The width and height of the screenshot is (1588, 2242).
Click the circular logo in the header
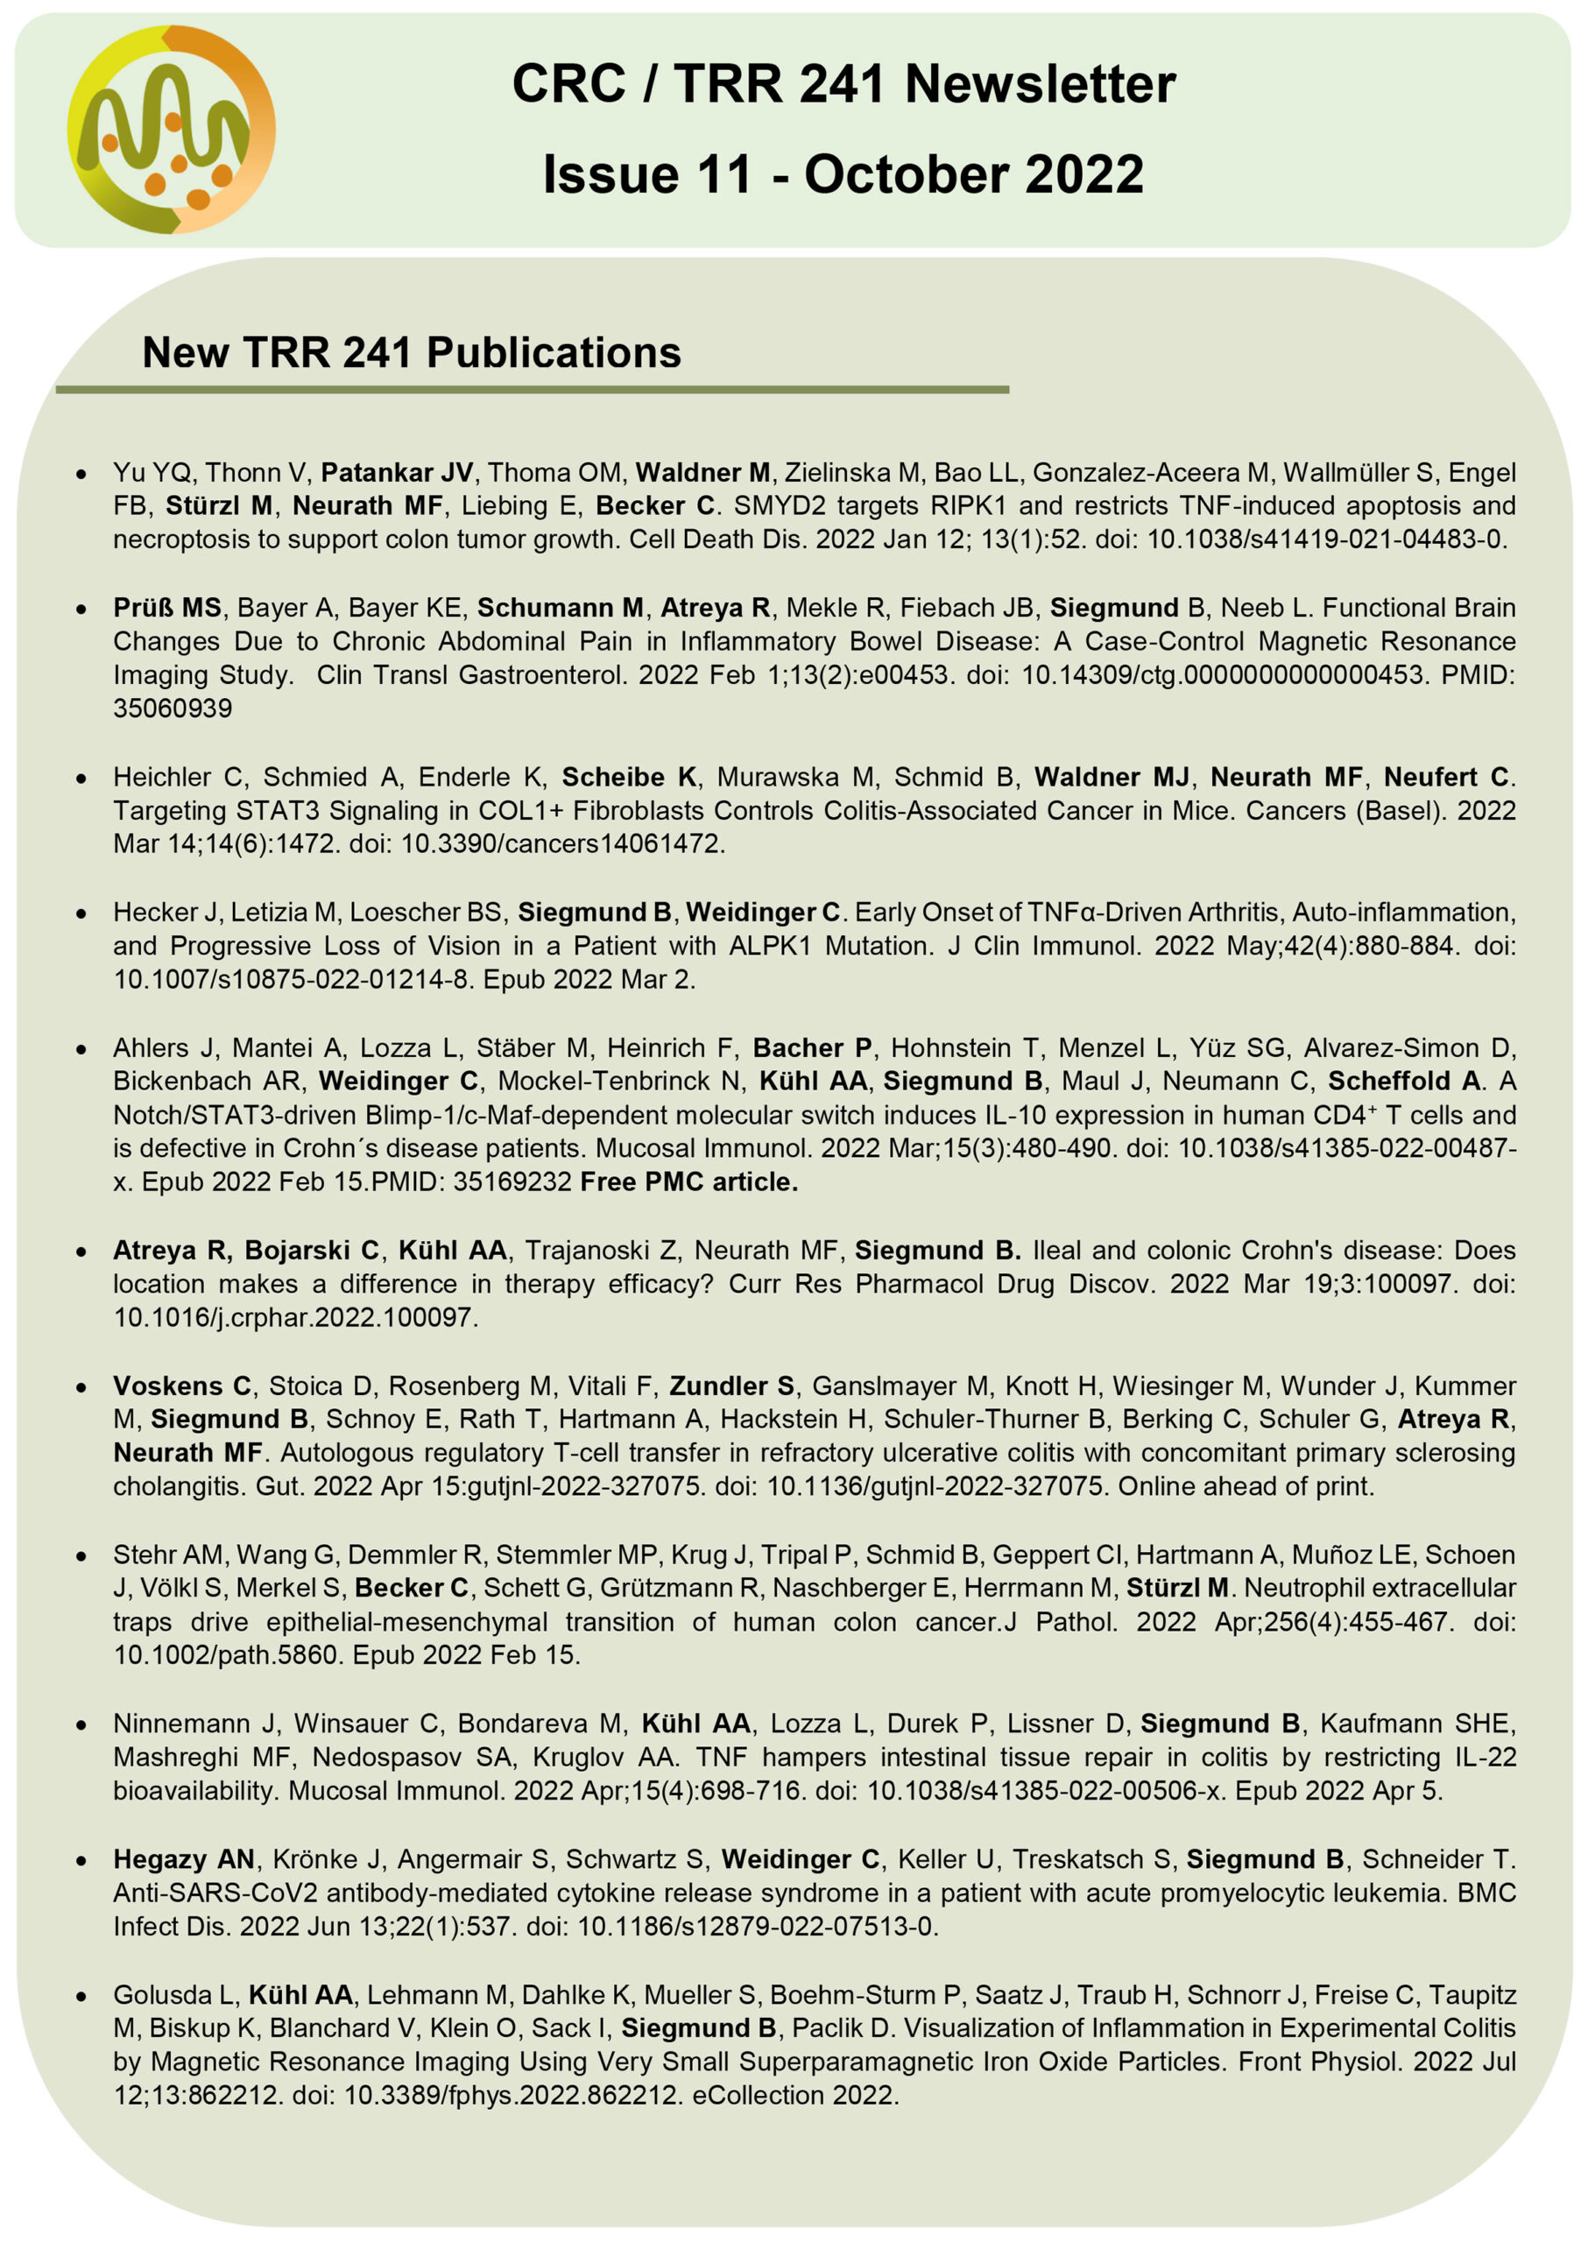click(171, 130)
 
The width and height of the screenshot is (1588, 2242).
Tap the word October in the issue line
click(907, 175)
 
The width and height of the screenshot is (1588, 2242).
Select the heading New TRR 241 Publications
click(411, 353)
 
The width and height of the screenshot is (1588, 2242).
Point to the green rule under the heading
click(532, 390)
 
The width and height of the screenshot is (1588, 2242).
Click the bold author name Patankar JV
click(396, 473)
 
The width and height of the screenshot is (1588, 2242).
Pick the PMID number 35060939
click(172, 708)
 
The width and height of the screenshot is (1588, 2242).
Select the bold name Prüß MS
click(167, 608)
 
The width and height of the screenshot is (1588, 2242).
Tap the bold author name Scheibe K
click(629, 778)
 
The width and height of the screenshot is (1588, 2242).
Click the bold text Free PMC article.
click(688, 1182)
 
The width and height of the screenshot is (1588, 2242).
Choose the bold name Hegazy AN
click(184, 1858)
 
